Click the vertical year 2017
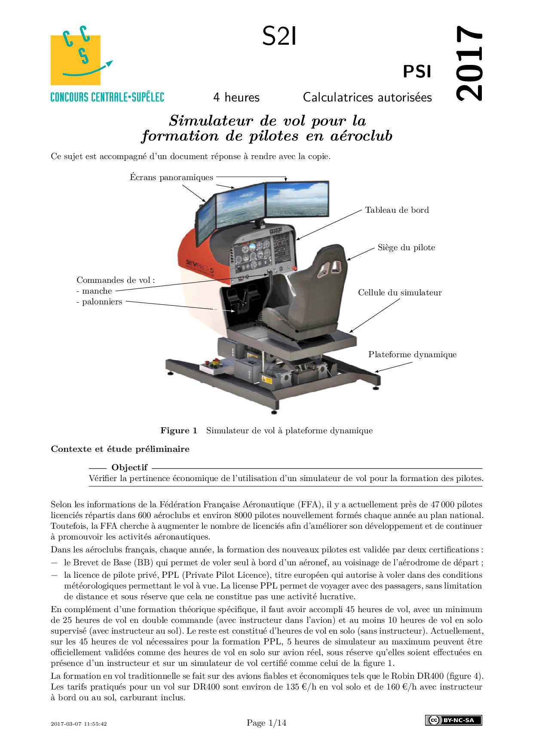coord(469,63)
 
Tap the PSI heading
coord(417,72)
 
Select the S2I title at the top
coord(279,37)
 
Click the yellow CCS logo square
coord(76,60)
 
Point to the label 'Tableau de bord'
coord(397,210)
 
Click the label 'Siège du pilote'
coord(406,248)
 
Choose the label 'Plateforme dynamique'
coord(412,355)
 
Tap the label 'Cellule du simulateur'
coord(400,293)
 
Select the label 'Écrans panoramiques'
coord(172,178)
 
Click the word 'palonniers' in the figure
coord(102,302)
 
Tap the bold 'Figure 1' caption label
coord(179,431)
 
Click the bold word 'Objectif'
coord(129,467)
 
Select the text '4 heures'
coord(236,97)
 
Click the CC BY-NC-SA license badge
coord(453,720)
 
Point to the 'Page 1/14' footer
coord(266,723)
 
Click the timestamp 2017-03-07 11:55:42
coord(79,724)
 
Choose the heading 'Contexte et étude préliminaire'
coord(120,449)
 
